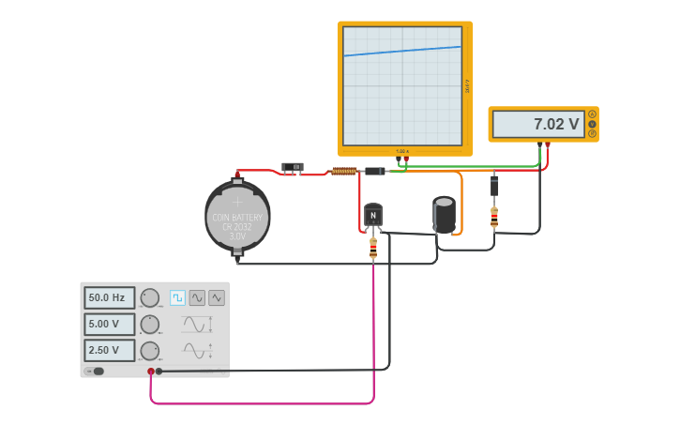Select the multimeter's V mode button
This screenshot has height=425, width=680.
pyautogui.click(x=592, y=124)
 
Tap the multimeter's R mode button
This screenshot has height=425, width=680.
pyautogui.click(x=592, y=133)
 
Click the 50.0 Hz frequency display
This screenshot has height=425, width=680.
pyautogui.click(x=109, y=297)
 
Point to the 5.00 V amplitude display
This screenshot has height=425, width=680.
pyautogui.click(x=109, y=324)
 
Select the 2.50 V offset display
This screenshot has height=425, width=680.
pyautogui.click(x=109, y=350)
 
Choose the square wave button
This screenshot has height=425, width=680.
pyautogui.click(x=177, y=297)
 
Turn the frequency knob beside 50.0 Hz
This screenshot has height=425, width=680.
pyautogui.click(x=150, y=297)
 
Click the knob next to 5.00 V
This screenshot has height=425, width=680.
pyautogui.click(x=150, y=324)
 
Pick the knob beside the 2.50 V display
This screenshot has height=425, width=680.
pyautogui.click(x=150, y=350)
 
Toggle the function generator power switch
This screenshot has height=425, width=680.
pyautogui.click(x=96, y=371)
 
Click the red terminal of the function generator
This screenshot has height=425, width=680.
pyautogui.click(x=150, y=372)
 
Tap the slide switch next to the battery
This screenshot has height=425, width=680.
pyautogui.click(x=293, y=168)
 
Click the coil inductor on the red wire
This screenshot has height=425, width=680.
pyautogui.click(x=343, y=171)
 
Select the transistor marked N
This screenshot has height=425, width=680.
pyautogui.click(x=373, y=216)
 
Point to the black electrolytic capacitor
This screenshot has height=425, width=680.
pyautogui.click(x=445, y=213)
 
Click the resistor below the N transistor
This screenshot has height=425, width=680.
pyautogui.click(x=373, y=248)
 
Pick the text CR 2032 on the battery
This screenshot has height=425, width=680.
pyautogui.click(x=237, y=226)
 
